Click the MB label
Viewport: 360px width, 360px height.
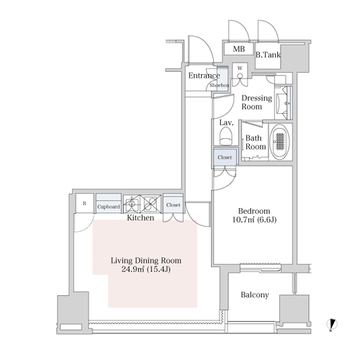coord(239,49)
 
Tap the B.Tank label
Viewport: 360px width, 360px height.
coord(268,55)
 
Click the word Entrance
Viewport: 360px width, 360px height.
coord(204,76)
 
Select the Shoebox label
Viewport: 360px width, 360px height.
coord(220,85)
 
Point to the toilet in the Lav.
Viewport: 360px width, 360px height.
coord(226,136)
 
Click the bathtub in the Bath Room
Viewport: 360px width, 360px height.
coord(279,141)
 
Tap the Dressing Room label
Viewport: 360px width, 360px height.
coord(256,102)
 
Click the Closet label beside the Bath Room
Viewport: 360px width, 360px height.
coord(225,158)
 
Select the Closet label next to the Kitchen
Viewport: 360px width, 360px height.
coord(173,205)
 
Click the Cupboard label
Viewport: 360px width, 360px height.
coord(109,207)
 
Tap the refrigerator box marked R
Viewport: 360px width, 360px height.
coord(84,203)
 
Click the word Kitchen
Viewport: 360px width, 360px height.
coord(140,217)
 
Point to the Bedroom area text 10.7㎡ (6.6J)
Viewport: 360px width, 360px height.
coord(254,220)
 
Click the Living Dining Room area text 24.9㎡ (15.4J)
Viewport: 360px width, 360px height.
coord(146,269)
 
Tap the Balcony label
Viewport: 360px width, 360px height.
coord(255,294)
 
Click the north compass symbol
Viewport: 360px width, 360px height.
coord(332,324)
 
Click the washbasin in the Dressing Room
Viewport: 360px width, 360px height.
coord(283,103)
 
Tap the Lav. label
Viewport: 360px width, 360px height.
coord(227,123)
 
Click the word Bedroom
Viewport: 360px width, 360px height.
coord(254,211)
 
